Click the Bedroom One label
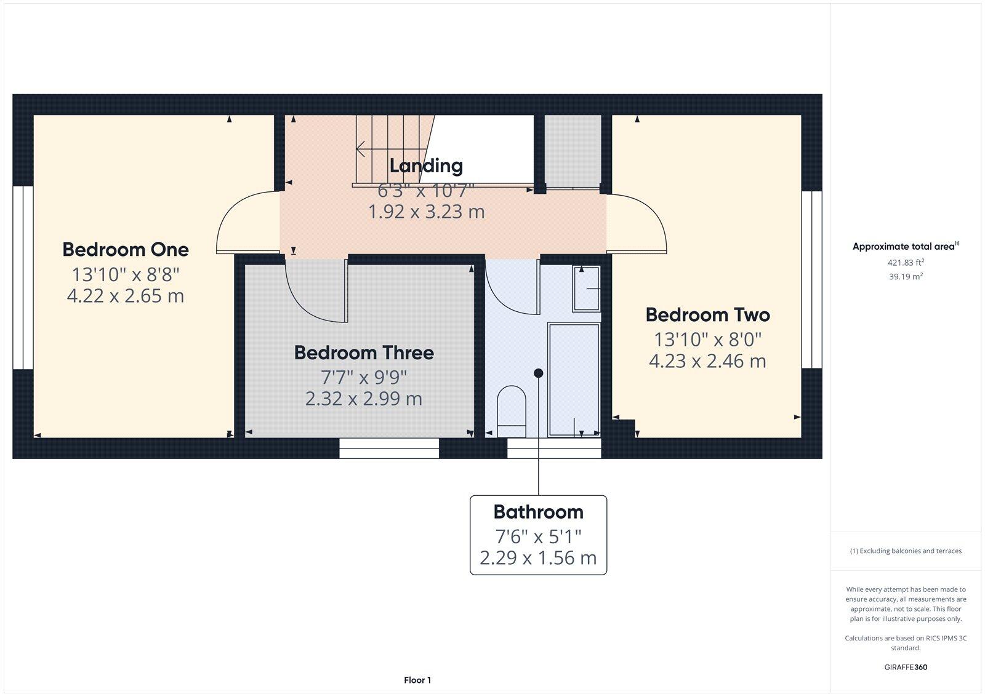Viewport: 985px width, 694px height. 126,249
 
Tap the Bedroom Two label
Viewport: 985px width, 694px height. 707,315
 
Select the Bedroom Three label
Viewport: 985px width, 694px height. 364,353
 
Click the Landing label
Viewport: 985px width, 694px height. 426,166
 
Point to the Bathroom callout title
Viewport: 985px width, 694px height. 538,512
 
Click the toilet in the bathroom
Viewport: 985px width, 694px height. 512,408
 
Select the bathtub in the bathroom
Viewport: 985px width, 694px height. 574,378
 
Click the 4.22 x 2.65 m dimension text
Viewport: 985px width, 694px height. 126,296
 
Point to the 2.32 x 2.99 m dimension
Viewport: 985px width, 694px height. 364,399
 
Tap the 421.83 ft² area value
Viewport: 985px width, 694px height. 906,262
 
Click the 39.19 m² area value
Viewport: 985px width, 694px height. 906,276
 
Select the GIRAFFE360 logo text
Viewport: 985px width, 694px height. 906,667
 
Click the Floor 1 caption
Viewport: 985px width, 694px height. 417,680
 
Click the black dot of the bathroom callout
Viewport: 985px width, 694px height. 539,373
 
